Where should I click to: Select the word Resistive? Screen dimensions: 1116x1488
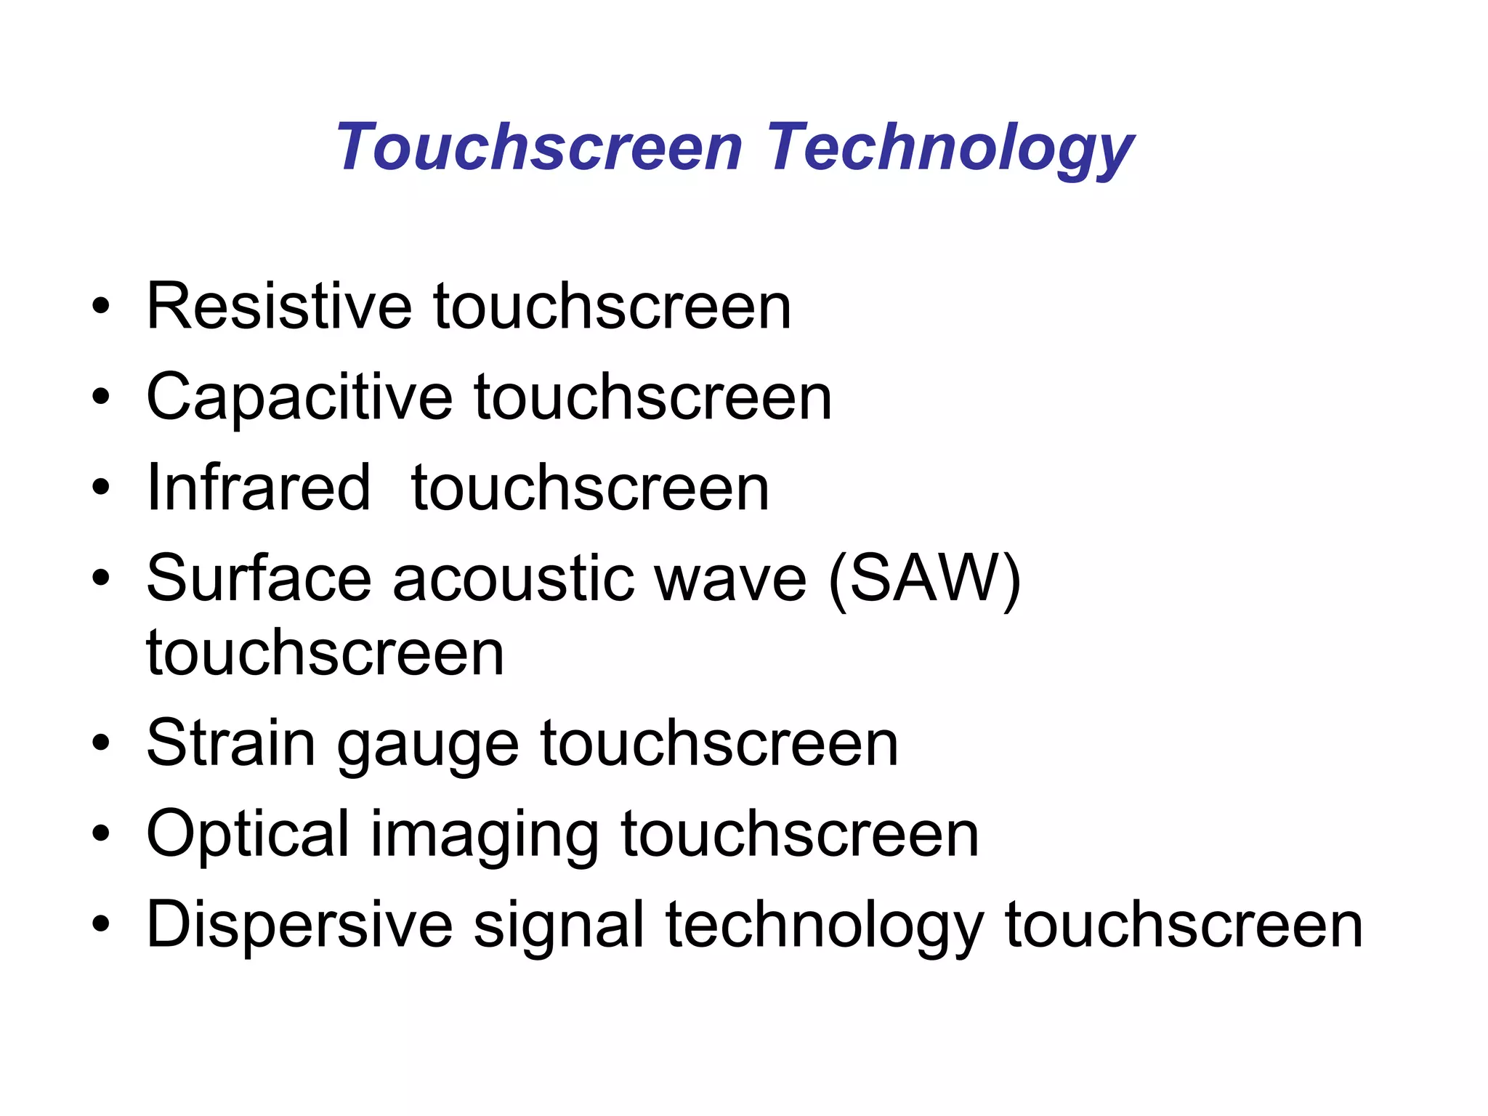pyautogui.click(x=279, y=307)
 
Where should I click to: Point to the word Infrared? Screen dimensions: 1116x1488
pyautogui.click(x=258, y=488)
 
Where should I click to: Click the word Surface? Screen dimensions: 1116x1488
pyautogui.click(x=258, y=578)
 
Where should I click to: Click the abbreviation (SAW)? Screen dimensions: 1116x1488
pyautogui.click(x=925, y=579)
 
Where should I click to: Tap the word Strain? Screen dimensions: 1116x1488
pyautogui.click(x=231, y=743)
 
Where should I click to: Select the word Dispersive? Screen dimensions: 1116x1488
pyautogui.click(x=299, y=924)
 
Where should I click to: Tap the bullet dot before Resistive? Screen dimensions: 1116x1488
pyautogui.click(x=101, y=307)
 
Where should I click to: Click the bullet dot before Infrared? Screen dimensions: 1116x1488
pyautogui.click(x=101, y=488)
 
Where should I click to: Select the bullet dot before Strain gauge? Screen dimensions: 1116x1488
pyautogui.click(x=101, y=743)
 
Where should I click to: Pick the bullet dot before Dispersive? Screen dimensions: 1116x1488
pyautogui.click(x=101, y=924)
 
